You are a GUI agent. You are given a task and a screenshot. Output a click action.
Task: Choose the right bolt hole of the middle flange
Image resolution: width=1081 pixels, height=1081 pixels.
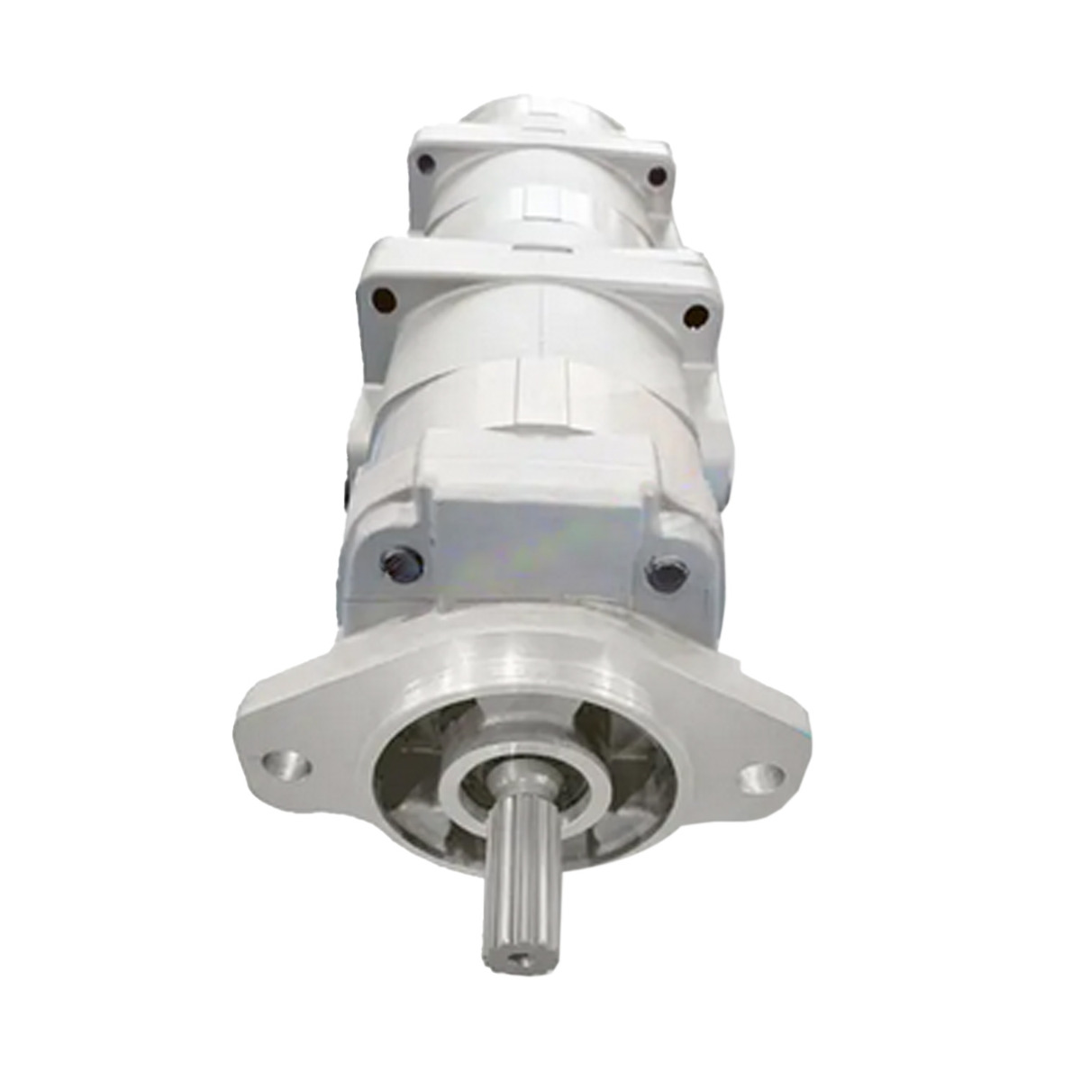(x=693, y=314)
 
